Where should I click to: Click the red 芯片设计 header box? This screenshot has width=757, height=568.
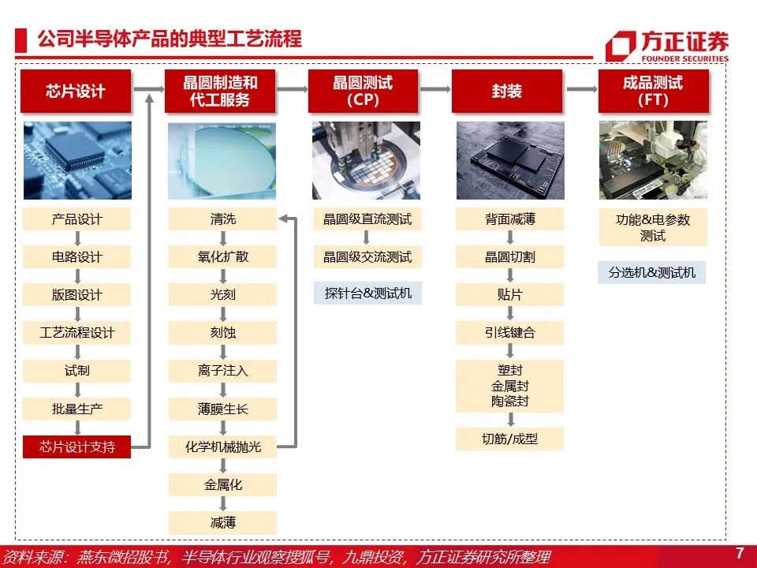[x=76, y=91]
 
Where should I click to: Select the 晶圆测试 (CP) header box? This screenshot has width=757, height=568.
[x=363, y=91]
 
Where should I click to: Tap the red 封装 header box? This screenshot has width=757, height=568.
[x=507, y=91]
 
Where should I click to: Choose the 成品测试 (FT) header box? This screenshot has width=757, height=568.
[x=653, y=91]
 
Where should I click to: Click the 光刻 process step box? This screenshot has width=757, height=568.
[x=222, y=295]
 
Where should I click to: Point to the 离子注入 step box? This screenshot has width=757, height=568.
[x=222, y=371]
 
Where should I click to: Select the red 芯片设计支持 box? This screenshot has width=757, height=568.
[x=76, y=447]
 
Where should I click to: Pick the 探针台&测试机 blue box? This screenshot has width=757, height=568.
[x=367, y=293]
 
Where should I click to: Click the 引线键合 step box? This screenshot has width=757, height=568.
[x=509, y=333]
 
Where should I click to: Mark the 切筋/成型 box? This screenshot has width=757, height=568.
[x=509, y=439]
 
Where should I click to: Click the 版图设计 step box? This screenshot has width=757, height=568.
[x=76, y=295]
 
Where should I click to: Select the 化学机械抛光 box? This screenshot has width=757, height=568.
[x=222, y=447]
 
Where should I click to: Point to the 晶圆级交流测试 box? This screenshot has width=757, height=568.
[x=367, y=257]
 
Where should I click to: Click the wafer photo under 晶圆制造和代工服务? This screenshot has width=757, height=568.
[x=222, y=160]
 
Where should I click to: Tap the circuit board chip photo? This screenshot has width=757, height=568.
[x=76, y=160]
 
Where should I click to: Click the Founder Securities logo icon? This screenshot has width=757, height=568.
[x=620, y=47]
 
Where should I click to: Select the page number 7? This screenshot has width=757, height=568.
[x=739, y=552]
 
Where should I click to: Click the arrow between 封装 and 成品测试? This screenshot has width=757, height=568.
[x=582, y=89]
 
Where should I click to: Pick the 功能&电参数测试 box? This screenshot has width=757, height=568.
[x=652, y=227]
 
